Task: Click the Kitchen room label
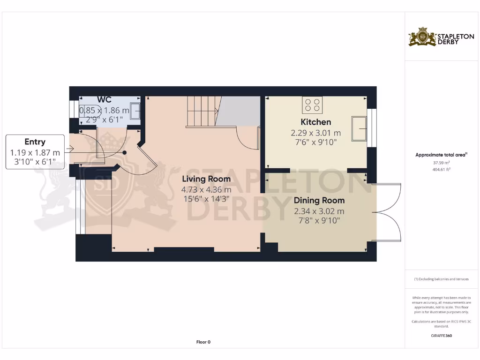315,122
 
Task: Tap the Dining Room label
319,201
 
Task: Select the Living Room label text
206,179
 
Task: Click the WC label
104,99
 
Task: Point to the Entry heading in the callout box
35,142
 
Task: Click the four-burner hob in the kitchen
312,105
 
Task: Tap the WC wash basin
135,111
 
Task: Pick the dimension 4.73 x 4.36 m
206,190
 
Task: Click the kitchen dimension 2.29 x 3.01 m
315,133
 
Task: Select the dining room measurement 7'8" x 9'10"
319,220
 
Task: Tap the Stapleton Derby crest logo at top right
422,37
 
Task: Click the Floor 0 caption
203,342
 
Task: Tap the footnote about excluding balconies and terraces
441,279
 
